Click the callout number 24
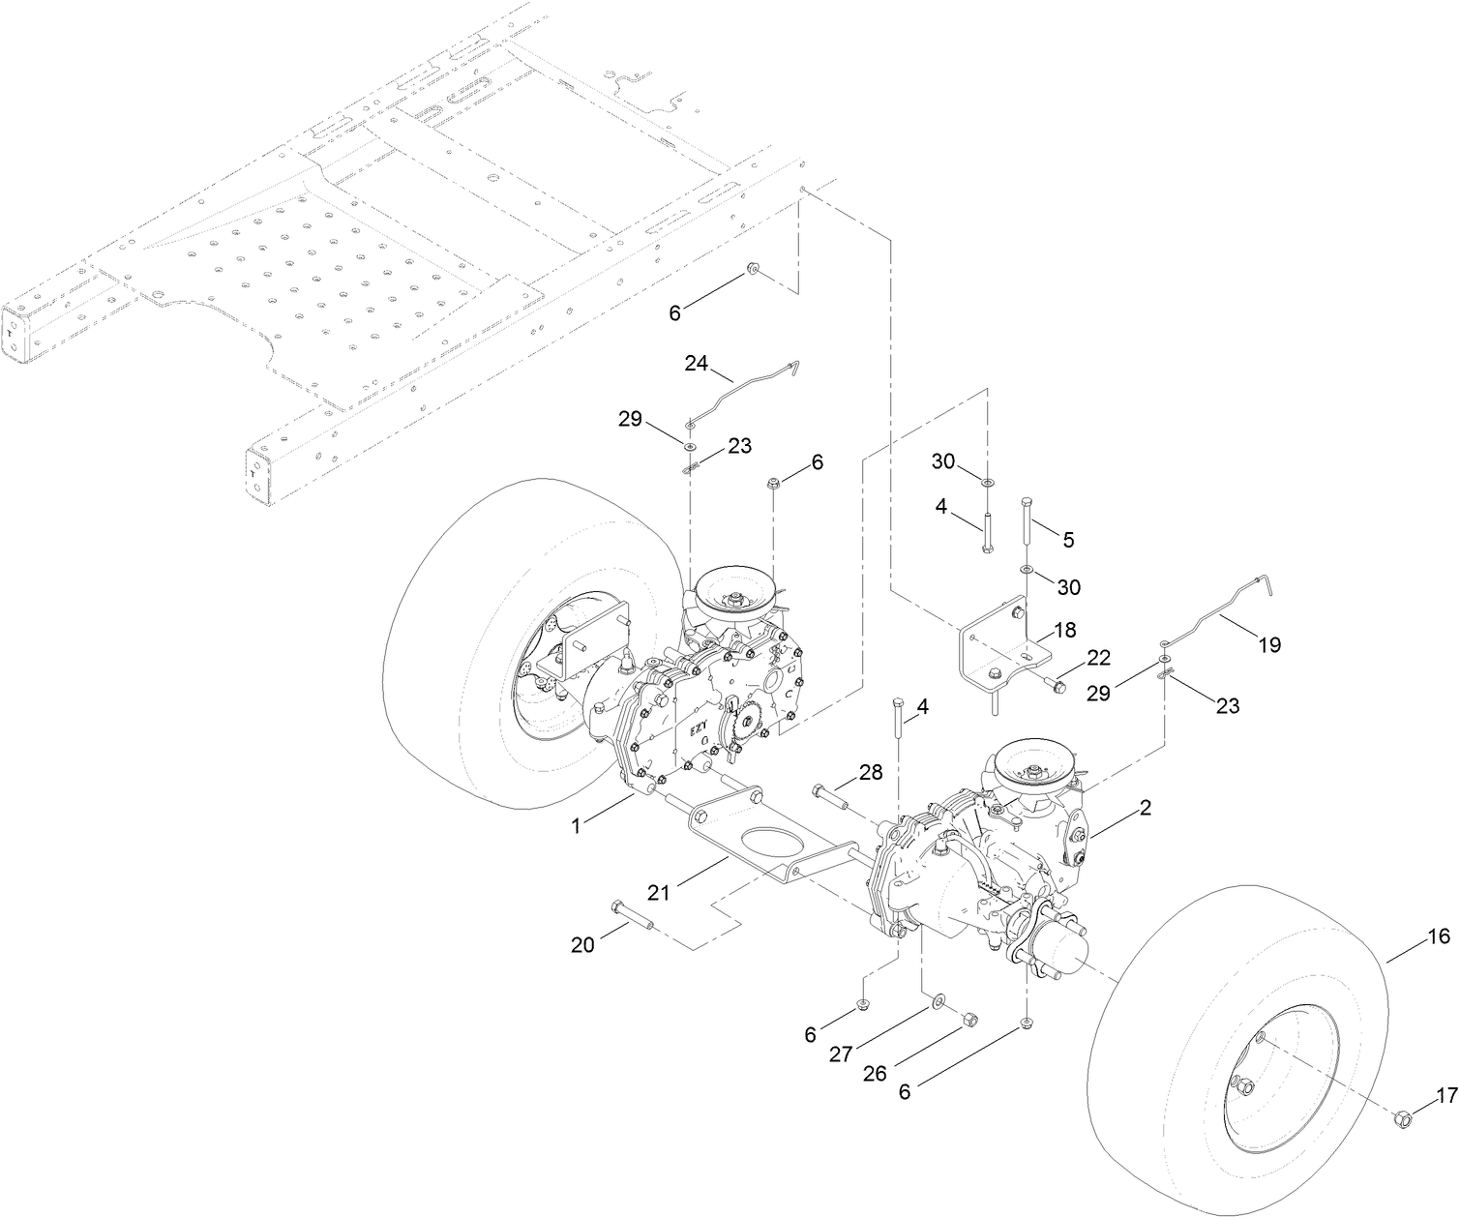click(696, 364)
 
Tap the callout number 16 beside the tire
click(1438, 935)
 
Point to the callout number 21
click(659, 893)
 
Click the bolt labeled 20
click(634, 914)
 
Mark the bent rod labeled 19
click(1219, 615)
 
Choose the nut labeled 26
click(970, 1019)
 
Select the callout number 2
click(1145, 808)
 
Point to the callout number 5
click(1068, 540)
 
